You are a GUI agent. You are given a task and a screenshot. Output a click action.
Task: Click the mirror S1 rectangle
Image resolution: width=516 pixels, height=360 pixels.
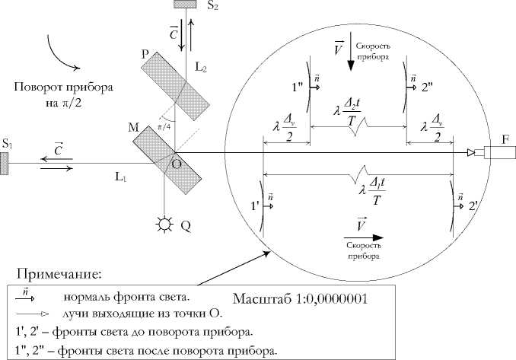click(5, 162)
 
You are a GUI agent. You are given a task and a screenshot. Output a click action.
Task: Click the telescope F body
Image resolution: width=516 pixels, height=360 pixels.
click(498, 153)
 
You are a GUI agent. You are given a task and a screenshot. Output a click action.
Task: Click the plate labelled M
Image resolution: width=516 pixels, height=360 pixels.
click(168, 159)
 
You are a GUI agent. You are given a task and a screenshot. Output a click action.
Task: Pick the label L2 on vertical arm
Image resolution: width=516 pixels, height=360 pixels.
click(201, 67)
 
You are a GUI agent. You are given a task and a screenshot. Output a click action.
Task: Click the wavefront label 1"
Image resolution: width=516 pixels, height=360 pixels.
click(298, 87)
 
